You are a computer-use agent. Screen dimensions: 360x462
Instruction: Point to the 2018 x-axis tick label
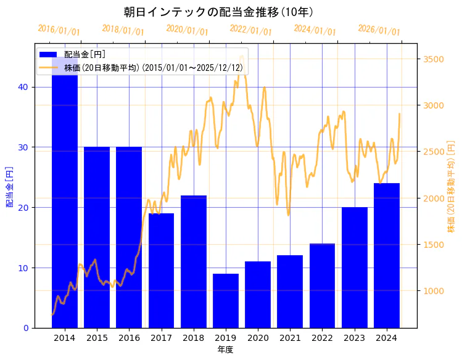(194, 338)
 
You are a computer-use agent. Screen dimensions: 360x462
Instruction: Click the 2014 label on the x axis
(65, 338)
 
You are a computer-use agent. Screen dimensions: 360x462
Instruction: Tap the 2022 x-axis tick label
(323, 338)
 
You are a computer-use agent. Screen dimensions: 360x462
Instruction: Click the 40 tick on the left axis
(23, 87)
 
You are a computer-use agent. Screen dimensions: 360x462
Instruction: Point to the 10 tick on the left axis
(23, 268)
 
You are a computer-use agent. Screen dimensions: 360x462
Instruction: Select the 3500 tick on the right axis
(433, 59)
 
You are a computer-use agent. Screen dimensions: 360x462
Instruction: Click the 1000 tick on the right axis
(433, 291)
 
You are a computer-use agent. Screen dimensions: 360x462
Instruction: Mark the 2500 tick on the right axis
(433, 152)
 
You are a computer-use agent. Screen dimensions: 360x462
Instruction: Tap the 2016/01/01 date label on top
(59, 30)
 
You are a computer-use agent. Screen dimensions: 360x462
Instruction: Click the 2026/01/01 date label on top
(379, 30)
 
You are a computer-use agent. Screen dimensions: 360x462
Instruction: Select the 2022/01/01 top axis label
(250, 30)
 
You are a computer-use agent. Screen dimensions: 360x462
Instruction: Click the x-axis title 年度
(225, 350)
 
